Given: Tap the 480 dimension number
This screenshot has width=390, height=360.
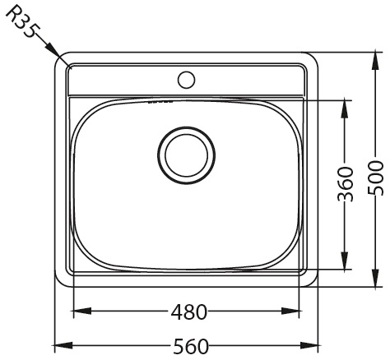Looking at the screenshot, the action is pos(189,312).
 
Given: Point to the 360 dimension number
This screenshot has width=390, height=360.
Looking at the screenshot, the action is pos(345,184).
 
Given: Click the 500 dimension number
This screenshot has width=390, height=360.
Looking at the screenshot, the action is pos(374,178).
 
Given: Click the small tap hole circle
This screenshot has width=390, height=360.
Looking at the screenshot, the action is pos(186,80).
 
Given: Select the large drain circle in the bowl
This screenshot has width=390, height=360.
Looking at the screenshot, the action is pos(186,155).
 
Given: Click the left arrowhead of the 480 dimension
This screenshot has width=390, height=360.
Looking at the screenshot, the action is pos(81,311).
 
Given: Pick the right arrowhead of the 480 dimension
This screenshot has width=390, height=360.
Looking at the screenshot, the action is pos(292,311).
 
